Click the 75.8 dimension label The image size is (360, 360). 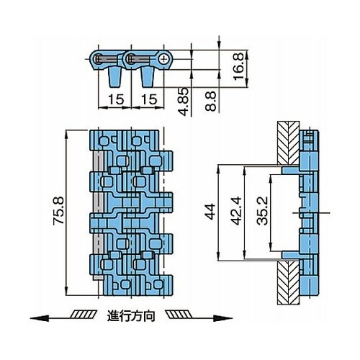coord(59,210)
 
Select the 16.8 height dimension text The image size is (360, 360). coord(238,66)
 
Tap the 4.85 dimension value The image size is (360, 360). coord(184,102)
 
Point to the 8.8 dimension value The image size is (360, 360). coord(211,101)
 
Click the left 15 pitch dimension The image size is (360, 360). coord(116,99)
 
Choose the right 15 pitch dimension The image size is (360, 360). coord(149,99)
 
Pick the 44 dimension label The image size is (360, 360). coord(210,212)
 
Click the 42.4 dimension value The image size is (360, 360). coord(236,211)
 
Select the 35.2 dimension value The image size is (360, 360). coord(262,211)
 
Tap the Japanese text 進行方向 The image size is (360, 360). coord(131,316)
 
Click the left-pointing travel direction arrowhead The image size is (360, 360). coord(40,318)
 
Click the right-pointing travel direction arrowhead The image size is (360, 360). coord(222,318)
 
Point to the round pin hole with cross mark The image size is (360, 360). coord(164,59)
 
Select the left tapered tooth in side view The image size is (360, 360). coord(114,77)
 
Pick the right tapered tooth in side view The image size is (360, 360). coord(148,77)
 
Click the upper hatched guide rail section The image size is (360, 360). coord(288,143)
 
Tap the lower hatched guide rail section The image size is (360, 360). coord(288,282)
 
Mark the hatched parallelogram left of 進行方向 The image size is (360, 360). coord(84,315)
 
